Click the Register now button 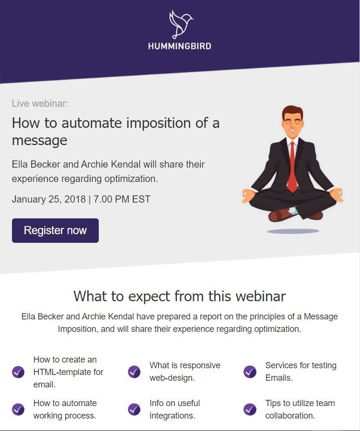pyautogui.click(x=55, y=230)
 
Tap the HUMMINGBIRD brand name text pyautogui.click(x=180, y=46)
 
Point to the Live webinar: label pyautogui.click(x=40, y=103)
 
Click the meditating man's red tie pyautogui.click(x=292, y=167)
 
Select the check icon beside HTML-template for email pyautogui.click(x=18, y=372)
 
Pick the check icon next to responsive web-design pyautogui.click(x=134, y=372)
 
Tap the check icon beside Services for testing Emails pyautogui.click(x=250, y=372)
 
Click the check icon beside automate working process pyautogui.click(x=18, y=409)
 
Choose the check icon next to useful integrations pyautogui.click(x=134, y=409)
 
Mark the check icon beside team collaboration pyautogui.click(x=250, y=409)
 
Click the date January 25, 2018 pyautogui.click(x=49, y=199)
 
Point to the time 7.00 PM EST pyautogui.click(x=122, y=199)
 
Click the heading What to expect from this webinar pyautogui.click(x=179, y=296)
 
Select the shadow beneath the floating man pyautogui.click(x=293, y=231)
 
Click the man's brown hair pyautogui.click(x=292, y=111)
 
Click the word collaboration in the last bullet pyautogui.click(x=290, y=416)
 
